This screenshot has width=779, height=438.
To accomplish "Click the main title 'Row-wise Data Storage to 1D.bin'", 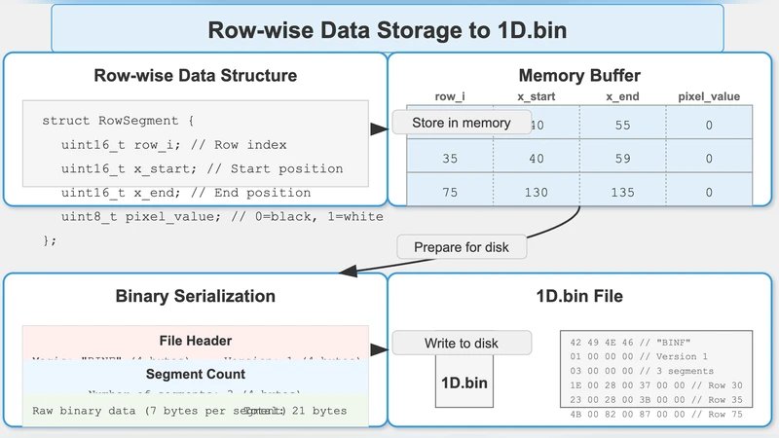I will click(x=388, y=29).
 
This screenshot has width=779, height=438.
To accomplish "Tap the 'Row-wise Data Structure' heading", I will click(x=196, y=76).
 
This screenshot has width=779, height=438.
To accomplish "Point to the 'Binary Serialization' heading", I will click(x=196, y=296).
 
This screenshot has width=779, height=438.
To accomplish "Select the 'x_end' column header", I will click(x=622, y=96).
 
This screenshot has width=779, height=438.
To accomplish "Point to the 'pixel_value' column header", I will click(x=709, y=96).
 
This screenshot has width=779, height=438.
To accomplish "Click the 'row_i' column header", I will click(x=450, y=96).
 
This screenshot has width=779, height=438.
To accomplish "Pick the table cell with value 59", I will click(x=622, y=158).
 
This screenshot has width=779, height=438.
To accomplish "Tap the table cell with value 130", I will click(x=537, y=193).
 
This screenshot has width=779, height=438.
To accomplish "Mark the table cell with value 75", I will click(x=450, y=193).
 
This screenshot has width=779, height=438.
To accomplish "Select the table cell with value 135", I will click(x=622, y=193).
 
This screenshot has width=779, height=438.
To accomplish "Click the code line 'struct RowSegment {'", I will click(x=119, y=121).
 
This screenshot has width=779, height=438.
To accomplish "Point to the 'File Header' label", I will click(x=196, y=341).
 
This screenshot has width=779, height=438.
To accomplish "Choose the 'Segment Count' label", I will click(x=196, y=374).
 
